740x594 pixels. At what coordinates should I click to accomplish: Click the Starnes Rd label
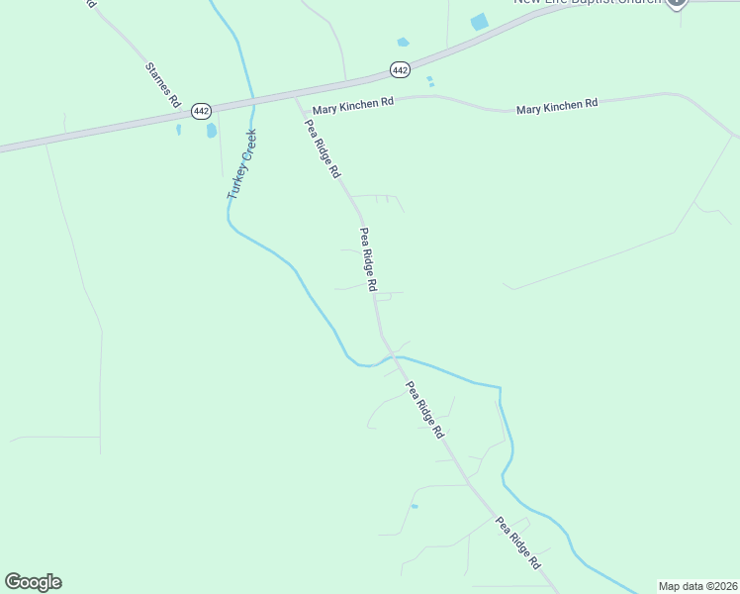[163, 85]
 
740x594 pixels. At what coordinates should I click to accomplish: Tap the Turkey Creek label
[241, 164]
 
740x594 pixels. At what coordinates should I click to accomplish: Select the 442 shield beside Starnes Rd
[201, 110]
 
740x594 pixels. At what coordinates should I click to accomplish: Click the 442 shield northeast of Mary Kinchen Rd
[400, 70]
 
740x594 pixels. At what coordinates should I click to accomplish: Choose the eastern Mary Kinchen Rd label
[557, 104]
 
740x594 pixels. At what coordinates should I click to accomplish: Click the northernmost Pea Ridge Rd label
[323, 149]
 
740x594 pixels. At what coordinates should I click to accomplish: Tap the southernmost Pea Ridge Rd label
[519, 543]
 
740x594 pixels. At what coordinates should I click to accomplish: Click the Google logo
[33, 582]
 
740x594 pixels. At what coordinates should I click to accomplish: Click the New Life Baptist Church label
[588, 2]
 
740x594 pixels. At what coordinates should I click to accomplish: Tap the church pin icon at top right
[677, 3]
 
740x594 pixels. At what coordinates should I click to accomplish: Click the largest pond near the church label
[480, 22]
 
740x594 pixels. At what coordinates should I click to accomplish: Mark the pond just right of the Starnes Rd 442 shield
[212, 131]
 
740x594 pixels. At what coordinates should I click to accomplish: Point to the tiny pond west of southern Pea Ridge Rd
[415, 507]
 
